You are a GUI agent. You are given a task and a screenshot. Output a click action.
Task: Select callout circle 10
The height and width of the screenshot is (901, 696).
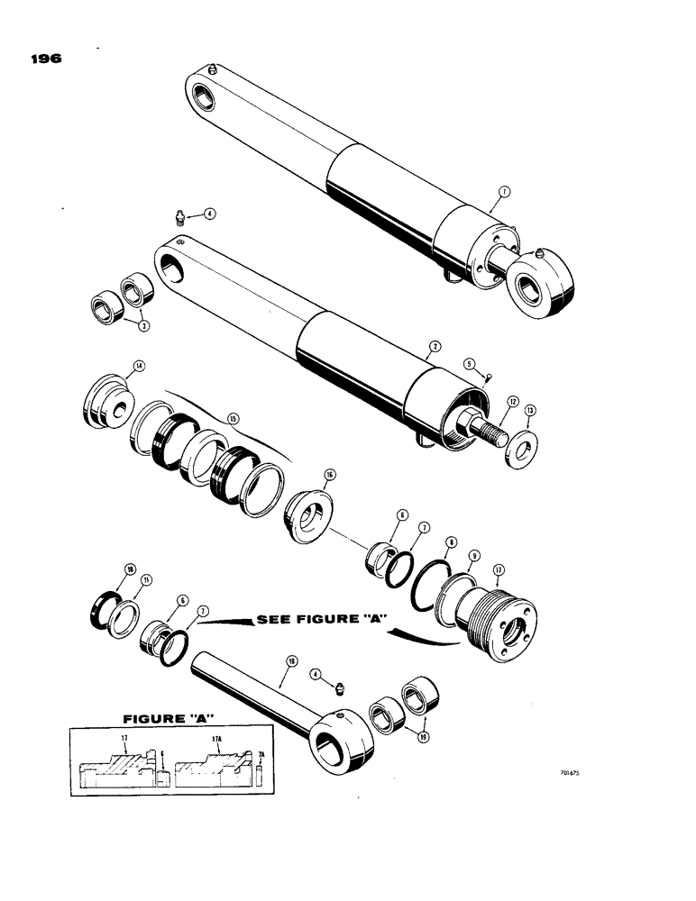(x=130, y=569)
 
